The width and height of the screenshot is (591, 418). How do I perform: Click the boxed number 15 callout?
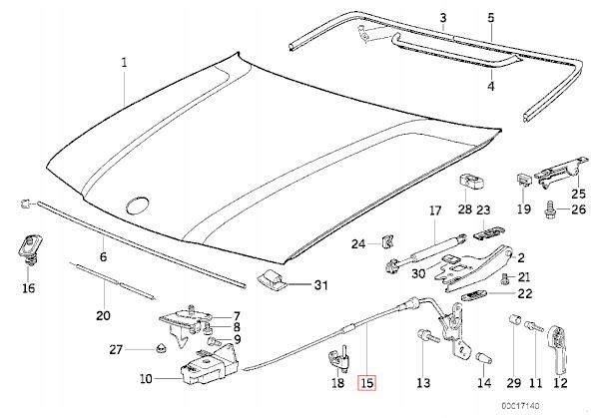367,382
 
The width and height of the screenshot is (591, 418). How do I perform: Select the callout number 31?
319,285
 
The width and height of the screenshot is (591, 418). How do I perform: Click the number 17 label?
433,210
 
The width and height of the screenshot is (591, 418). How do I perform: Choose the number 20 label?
103,315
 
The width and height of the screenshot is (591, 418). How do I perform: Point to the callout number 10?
147,379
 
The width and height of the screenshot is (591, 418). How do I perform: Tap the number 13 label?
422,383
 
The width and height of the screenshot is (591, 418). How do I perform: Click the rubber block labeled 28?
466,184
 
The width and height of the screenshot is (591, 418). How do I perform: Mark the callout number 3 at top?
443,17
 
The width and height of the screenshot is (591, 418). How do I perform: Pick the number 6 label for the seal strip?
101,256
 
